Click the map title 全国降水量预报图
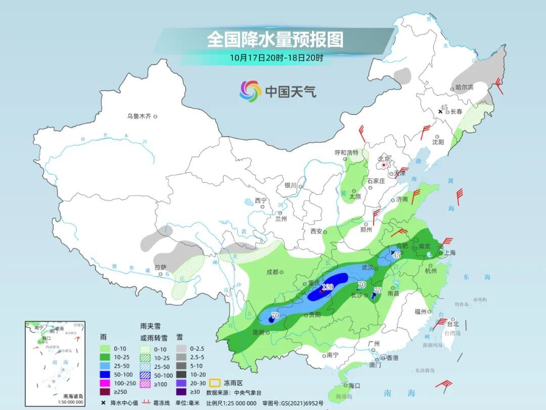pos(275,39)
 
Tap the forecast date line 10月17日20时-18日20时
pos(276,57)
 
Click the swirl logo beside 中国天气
pos(250,91)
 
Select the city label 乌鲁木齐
pos(139,116)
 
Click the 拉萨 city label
pos(160,267)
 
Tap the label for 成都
pos(272,272)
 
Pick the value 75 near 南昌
pos(378,291)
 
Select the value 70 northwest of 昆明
pos(275,315)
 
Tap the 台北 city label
pos(452,324)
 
